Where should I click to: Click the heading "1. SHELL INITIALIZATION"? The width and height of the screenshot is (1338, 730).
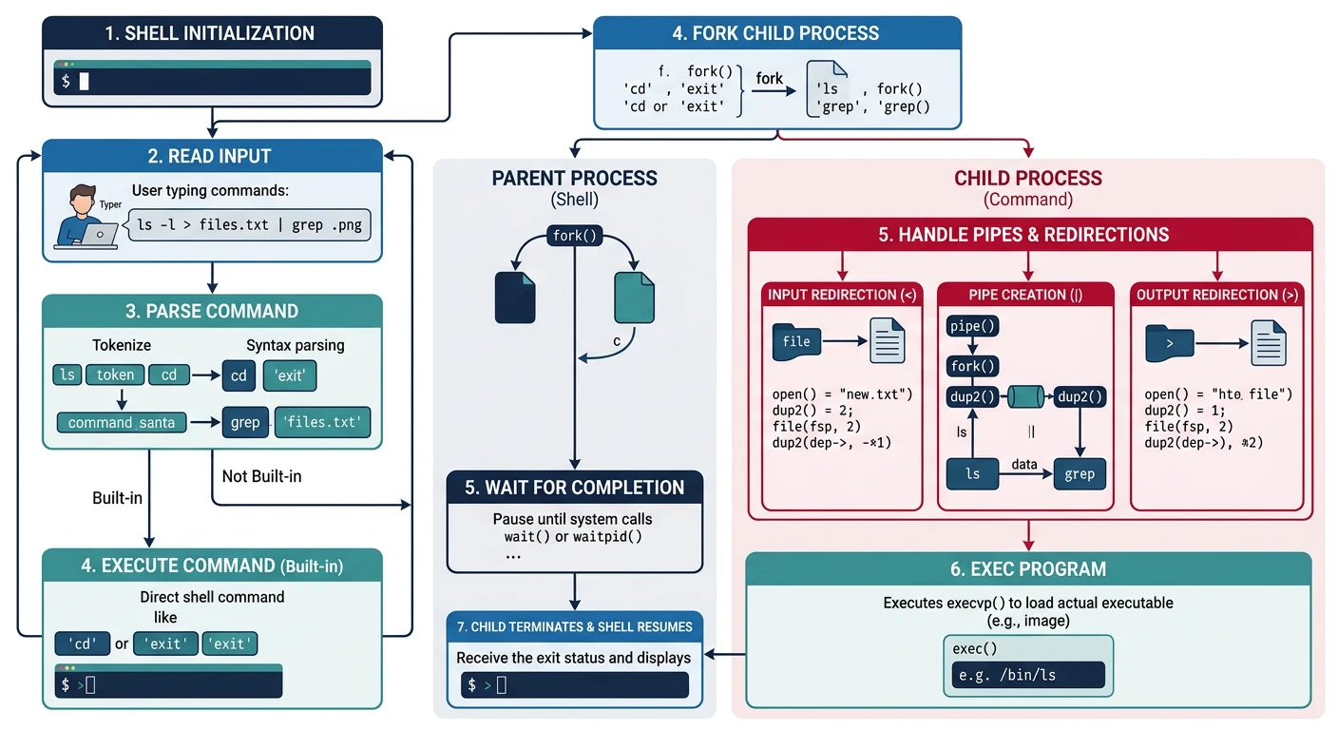[x=211, y=33]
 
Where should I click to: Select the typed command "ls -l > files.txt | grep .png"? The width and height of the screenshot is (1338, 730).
[x=251, y=226]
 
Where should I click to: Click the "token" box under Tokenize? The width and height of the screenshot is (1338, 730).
[x=116, y=375]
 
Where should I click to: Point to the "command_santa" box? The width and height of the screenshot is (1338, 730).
[x=122, y=422]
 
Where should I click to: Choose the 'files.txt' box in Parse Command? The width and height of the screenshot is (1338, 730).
[x=322, y=422]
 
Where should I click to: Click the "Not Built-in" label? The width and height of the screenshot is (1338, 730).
[x=261, y=475]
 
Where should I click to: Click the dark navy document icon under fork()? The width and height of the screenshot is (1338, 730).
[x=515, y=298]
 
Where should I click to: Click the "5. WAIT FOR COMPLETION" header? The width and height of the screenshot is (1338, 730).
[x=574, y=488]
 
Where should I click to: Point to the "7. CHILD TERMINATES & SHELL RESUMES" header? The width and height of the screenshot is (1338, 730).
[x=574, y=627]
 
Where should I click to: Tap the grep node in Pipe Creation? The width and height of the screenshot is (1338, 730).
[x=1080, y=473]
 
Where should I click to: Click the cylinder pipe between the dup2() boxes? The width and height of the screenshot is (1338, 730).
[x=1026, y=396]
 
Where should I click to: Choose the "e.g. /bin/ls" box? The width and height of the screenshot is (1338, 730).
[x=1027, y=676]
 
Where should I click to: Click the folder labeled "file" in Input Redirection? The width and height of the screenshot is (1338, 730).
[x=796, y=342]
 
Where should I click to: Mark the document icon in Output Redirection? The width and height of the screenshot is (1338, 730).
[x=1269, y=342]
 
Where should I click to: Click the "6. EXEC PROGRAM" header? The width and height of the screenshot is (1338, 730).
[x=1027, y=569]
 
